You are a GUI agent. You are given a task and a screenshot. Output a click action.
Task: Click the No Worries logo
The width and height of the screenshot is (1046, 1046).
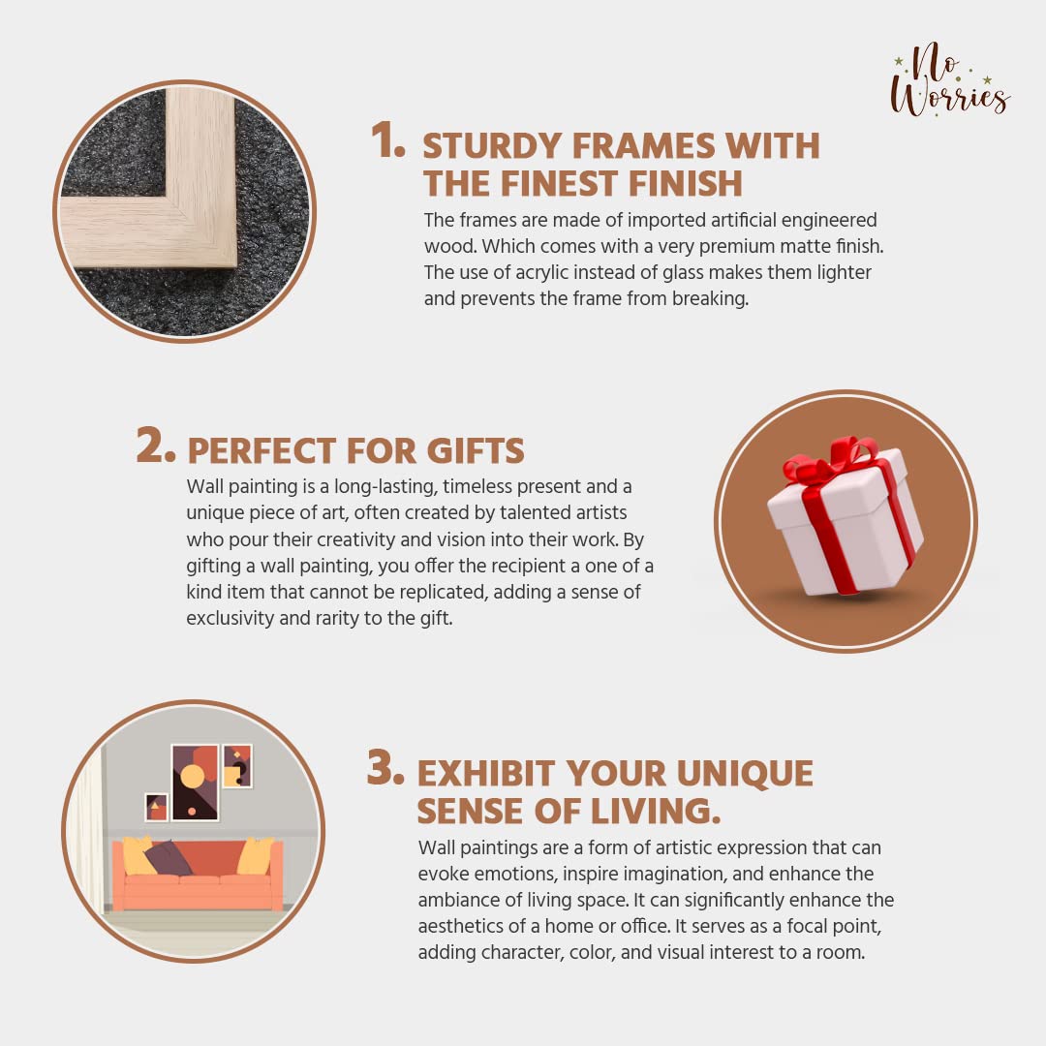click(950, 79)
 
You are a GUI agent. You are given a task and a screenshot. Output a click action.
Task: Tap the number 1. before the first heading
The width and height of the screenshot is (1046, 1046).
click(387, 140)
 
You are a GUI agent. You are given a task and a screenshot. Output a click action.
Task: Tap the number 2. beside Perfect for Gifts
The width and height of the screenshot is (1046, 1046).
click(156, 445)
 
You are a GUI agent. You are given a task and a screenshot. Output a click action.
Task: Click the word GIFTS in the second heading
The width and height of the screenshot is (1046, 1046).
click(476, 451)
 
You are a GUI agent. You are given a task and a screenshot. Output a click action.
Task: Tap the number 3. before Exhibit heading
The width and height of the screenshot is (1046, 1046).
click(385, 767)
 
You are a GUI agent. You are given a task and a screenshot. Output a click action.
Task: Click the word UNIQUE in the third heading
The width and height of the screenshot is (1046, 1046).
click(745, 774)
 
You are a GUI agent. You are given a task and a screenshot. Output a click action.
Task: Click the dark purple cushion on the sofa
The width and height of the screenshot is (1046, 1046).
click(168, 857)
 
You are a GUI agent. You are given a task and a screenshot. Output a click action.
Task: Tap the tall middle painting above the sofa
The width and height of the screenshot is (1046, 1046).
click(195, 782)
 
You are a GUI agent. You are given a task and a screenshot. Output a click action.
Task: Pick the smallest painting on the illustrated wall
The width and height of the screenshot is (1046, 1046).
click(157, 807)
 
